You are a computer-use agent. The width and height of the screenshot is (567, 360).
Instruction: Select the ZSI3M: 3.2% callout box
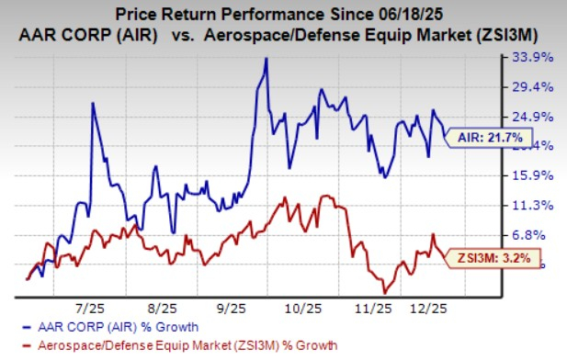click(494, 258)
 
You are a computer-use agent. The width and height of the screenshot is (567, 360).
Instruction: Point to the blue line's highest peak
click(266, 59)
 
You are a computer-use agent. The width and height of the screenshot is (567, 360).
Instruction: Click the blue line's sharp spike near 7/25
click(93, 103)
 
